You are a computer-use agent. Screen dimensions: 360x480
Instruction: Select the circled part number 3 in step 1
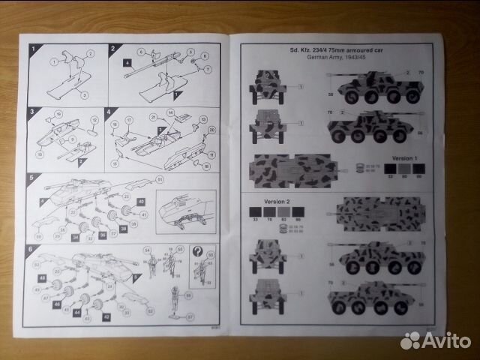coord(84,94)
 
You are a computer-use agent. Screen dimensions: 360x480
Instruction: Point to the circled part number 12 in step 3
coord(95,120)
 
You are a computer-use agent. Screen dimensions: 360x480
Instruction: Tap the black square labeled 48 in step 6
coord(41,278)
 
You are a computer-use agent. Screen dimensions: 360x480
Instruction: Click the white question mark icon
coord(198,253)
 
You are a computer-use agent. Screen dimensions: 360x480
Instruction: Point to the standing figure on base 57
coord(175,301)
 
